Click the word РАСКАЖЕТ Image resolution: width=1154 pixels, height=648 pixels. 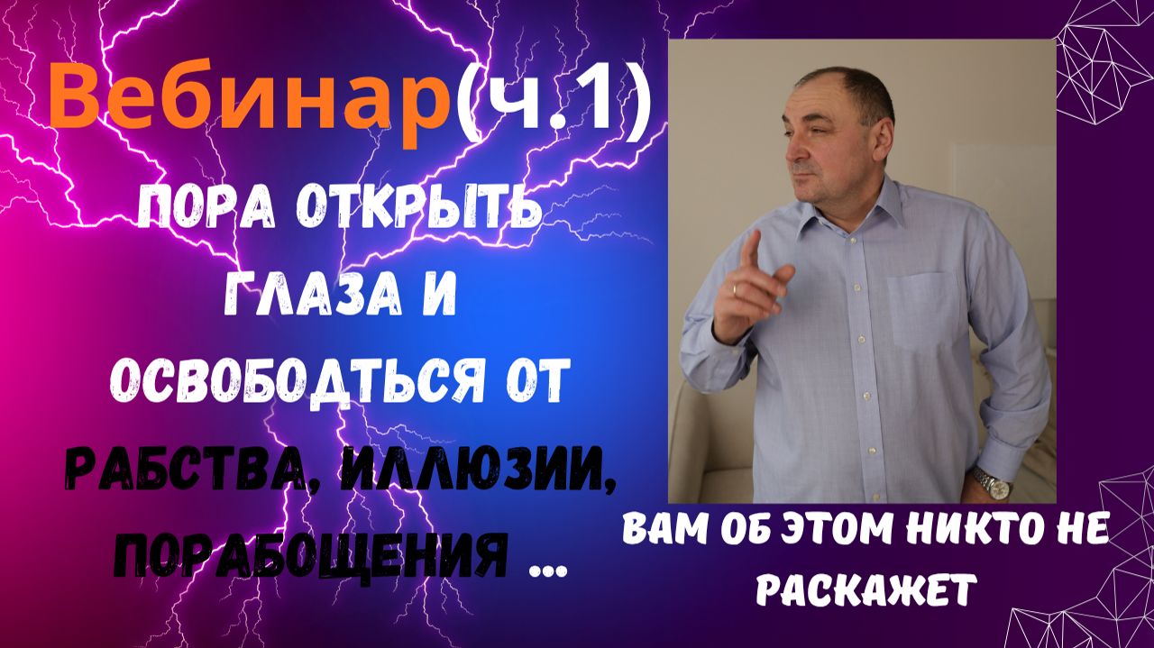[865, 590]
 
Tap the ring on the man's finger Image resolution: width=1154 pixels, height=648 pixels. [735, 289]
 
